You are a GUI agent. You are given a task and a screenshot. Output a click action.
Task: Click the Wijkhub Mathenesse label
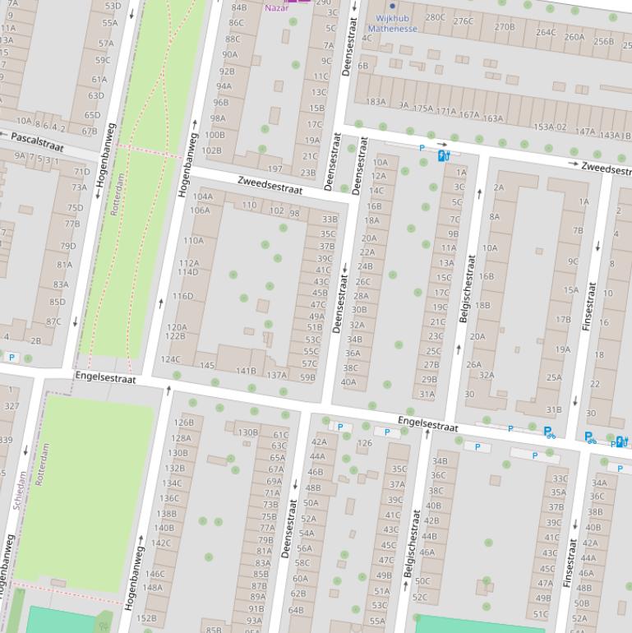(x=392, y=23)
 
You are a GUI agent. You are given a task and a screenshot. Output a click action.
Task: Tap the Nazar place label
(x=275, y=8)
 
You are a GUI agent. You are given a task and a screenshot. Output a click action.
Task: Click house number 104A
(x=202, y=196)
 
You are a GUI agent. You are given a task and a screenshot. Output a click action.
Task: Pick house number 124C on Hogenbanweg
(x=170, y=359)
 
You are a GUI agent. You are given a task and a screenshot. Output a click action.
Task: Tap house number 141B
(x=246, y=371)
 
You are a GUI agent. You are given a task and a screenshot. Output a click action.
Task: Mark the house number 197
(x=274, y=169)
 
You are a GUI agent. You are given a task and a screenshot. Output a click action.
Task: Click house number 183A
(x=376, y=102)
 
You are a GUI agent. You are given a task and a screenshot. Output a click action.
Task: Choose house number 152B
(x=145, y=618)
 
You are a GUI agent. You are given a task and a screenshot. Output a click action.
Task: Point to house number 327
(x=12, y=406)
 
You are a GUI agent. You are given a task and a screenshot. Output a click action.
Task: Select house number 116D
(x=182, y=296)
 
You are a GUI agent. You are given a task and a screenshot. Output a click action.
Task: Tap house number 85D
(x=58, y=302)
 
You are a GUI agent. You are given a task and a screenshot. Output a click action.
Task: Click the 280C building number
(x=435, y=16)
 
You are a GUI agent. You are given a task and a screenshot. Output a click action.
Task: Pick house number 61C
(x=281, y=435)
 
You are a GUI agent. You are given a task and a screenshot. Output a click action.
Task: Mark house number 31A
(x=427, y=394)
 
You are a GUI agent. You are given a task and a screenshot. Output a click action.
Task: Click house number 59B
(x=307, y=377)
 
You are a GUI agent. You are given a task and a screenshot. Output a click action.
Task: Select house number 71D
(x=82, y=172)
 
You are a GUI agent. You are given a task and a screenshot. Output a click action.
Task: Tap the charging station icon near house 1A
(x=443, y=155)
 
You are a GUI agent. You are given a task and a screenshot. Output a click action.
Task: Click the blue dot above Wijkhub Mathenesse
(x=392, y=6)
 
